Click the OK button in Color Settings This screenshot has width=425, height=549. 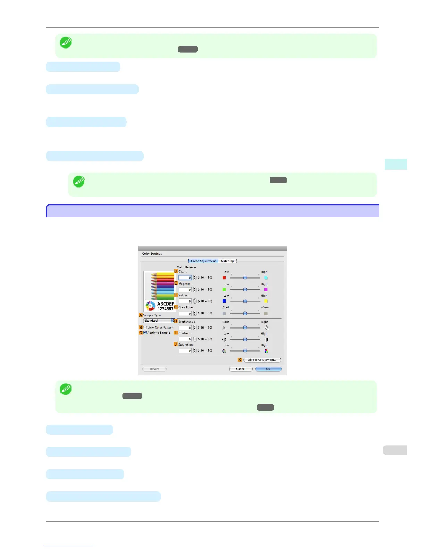coord(268,369)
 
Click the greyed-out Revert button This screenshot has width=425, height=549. coord(155,369)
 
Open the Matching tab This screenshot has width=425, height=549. coord(227,261)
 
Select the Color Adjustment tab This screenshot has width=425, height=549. coord(203,261)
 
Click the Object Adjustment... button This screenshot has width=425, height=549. coord(262,360)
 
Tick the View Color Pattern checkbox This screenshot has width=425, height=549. coord(145,327)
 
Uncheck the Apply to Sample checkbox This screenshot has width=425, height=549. coord(145,332)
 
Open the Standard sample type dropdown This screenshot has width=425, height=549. coord(159,321)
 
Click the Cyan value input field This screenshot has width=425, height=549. coord(185,278)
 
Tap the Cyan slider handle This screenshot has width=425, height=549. coord(245,277)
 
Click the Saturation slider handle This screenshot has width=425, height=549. coord(245,350)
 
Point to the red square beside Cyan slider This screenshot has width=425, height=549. coord(224,278)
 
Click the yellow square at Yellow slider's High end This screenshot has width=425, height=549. coord(266,301)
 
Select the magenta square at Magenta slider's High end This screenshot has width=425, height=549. coord(266,289)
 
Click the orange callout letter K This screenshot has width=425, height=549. coord(240,360)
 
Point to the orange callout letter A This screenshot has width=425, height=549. coord(141,315)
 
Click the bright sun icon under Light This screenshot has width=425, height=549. coord(266,328)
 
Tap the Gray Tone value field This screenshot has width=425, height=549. coord(185,313)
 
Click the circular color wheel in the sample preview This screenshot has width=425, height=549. coord(150,306)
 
